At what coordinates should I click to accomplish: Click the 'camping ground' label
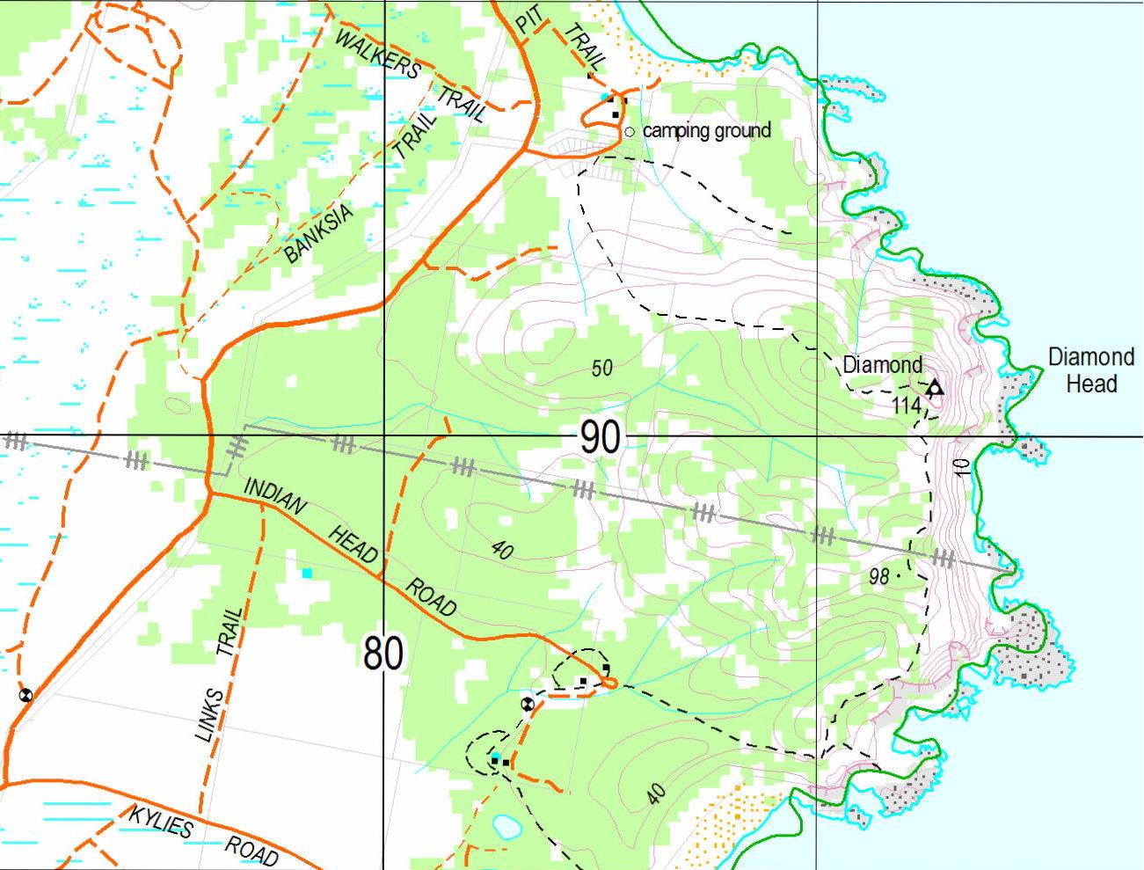click(706, 131)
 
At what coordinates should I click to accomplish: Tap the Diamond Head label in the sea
click(1091, 370)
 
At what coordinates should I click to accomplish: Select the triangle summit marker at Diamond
click(934, 387)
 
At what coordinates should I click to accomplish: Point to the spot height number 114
click(906, 406)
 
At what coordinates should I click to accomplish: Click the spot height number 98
click(878, 577)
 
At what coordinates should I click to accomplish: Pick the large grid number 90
click(601, 437)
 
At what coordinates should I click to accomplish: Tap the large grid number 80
click(383, 654)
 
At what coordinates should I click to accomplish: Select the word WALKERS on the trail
click(379, 54)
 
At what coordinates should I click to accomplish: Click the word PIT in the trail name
click(526, 23)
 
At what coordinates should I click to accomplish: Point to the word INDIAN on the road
click(275, 496)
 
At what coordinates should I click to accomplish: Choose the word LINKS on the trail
click(208, 715)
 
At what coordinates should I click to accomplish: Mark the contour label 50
click(601, 369)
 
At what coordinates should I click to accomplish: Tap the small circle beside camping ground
click(629, 132)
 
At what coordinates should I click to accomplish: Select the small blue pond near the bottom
click(505, 826)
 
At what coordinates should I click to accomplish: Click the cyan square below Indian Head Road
click(307, 574)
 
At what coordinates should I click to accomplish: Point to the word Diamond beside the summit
click(882, 364)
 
